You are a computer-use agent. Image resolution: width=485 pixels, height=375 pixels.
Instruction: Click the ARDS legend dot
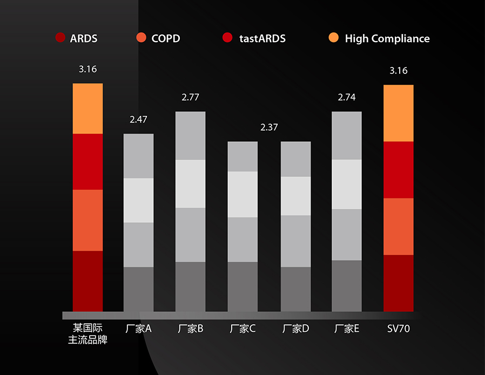pos(60,38)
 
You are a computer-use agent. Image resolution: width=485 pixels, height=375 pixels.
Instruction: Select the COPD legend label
pos(166,38)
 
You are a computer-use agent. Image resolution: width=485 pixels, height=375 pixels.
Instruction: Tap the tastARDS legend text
pos(262,38)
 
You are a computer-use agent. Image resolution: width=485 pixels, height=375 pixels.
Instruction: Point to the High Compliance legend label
pos(387,38)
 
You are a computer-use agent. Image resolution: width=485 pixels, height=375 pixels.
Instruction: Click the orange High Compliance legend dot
pos(334,38)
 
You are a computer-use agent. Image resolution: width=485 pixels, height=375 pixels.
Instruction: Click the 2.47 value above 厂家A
pos(138,120)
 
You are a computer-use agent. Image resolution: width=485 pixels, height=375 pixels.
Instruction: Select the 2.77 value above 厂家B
pos(191,98)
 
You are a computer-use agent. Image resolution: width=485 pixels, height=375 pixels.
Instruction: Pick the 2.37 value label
pos(269,127)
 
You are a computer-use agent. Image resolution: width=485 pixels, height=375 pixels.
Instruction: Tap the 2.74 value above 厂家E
pos(347,98)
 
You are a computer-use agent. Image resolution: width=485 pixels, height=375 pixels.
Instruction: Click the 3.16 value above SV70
pos(399,71)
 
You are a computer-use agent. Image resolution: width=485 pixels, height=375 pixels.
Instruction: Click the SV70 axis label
pos(399,329)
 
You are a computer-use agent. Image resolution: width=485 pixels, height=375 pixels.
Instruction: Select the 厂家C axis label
pos(242,329)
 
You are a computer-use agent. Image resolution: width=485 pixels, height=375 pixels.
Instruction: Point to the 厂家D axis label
pos(295,329)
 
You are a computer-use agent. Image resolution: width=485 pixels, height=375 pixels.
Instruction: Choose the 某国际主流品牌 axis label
pos(87,334)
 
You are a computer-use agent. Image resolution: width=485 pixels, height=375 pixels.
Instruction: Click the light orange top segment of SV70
pos(399,113)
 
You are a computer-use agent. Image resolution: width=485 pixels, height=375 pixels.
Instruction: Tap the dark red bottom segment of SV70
pos(399,283)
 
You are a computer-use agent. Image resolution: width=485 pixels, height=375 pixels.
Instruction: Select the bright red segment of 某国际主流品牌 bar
pos(87,161)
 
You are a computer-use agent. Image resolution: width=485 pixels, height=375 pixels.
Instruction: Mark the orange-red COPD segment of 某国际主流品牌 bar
pos(87,220)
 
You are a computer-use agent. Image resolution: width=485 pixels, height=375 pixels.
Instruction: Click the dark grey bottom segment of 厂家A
pos(139,289)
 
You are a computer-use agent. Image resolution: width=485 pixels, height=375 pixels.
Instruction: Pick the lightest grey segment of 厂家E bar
pos(347,184)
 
